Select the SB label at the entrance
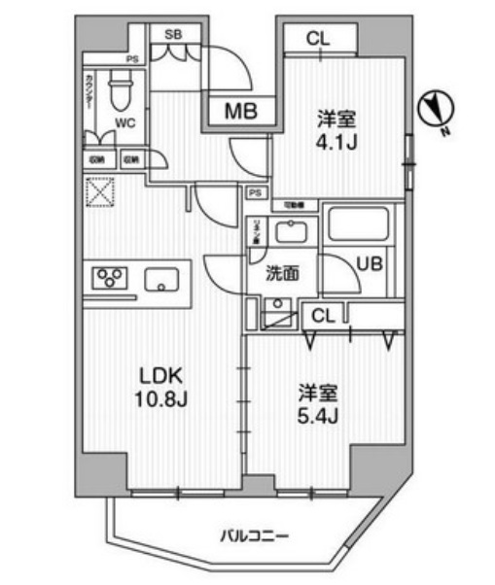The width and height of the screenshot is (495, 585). pos(173,33)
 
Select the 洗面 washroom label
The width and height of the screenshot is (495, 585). pos(280,273)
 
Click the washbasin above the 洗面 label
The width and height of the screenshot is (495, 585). pos(289,232)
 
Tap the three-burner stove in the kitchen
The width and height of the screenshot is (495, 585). pos(109,279)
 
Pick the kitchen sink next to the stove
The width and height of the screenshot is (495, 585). pos(160,280)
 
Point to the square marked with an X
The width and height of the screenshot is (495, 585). pos(100,193)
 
